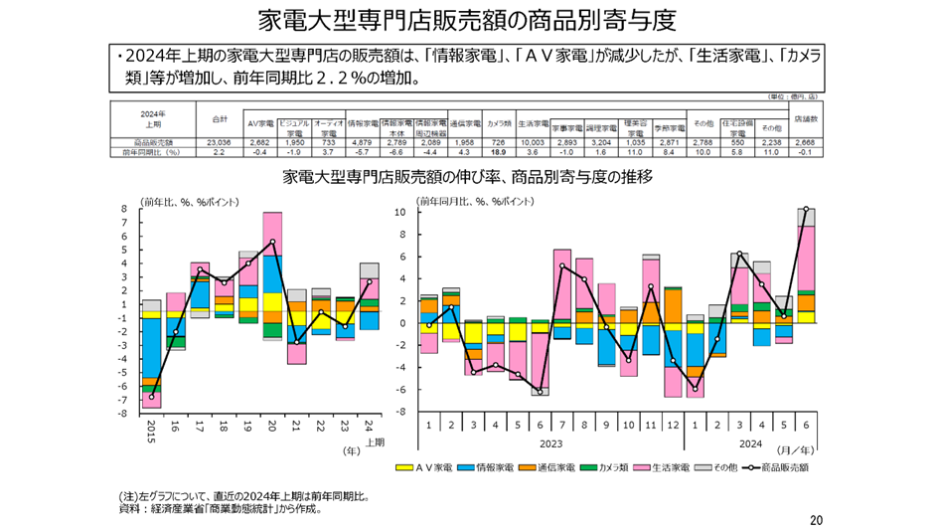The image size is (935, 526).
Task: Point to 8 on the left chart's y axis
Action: (x=124, y=210)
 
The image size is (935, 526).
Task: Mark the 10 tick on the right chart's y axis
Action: (x=398, y=213)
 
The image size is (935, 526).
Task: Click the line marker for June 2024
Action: (x=805, y=209)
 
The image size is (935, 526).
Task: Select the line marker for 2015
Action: (x=152, y=397)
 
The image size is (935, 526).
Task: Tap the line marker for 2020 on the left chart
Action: (x=272, y=242)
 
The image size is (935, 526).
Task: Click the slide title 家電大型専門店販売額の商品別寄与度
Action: (x=467, y=20)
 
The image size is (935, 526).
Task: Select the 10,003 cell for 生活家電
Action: (x=535, y=143)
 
